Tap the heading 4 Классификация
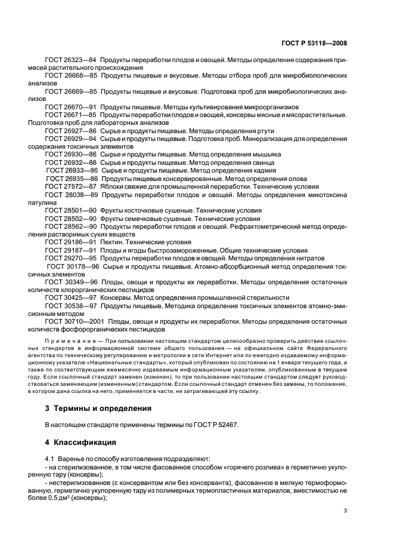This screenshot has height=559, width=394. click(x=81, y=444)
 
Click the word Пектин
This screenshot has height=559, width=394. click(x=113, y=242)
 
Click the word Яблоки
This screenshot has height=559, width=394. click(x=112, y=185)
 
